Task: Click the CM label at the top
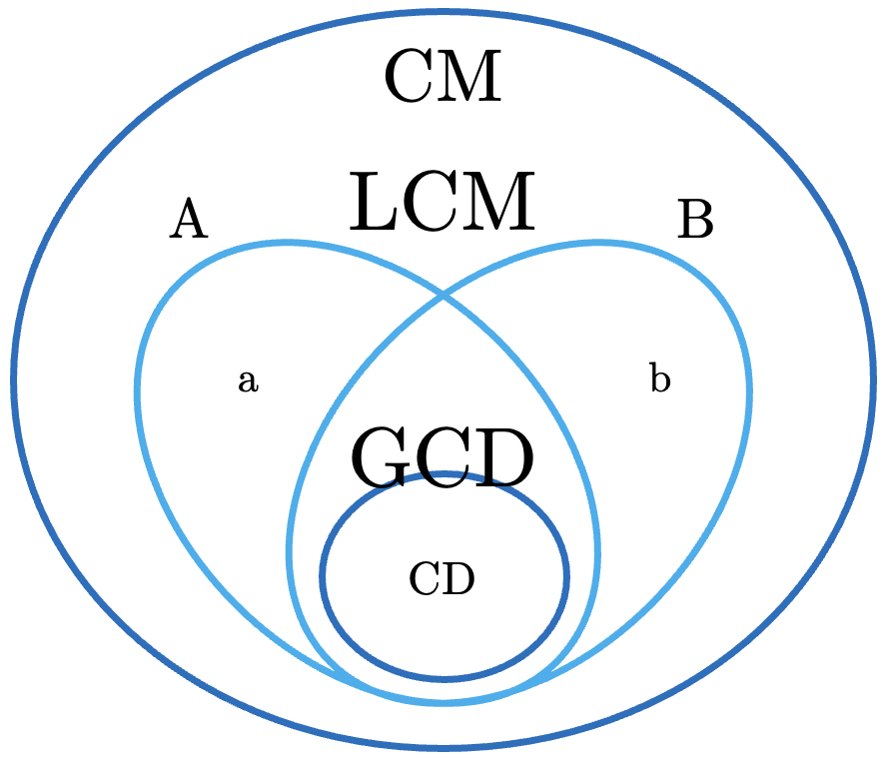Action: (442, 79)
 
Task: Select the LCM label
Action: (442, 203)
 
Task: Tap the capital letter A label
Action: (188, 219)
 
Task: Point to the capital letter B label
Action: (695, 220)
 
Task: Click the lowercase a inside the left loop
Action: (248, 380)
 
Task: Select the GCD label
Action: (443, 459)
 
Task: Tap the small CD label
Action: (442, 579)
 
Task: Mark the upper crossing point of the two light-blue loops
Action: (443, 297)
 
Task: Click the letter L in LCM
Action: (373, 203)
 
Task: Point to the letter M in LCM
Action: (499, 203)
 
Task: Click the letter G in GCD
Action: (380, 459)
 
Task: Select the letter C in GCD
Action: (443, 459)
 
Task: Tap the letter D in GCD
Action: (504, 459)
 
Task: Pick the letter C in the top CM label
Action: (411, 79)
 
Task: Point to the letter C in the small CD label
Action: (426, 579)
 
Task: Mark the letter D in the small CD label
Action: (457, 579)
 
